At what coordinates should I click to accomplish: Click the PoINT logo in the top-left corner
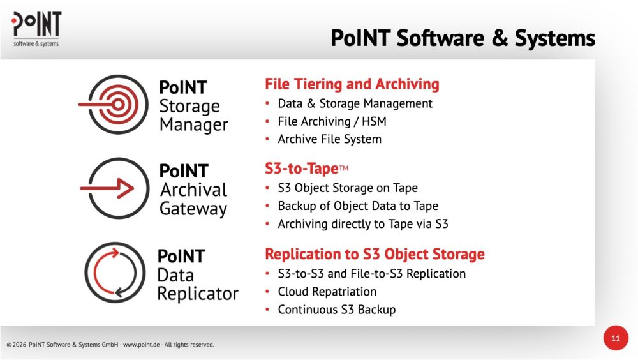click(x=36, y=29)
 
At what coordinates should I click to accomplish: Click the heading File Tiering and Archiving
click(x=352, y=84)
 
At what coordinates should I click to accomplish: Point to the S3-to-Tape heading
click(x=302, y=168)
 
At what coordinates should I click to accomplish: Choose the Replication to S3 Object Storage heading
click(x=375, y=253)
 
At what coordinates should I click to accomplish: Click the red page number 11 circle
click(x=616, y=338)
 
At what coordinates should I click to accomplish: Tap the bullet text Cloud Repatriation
click(x=327, y=292)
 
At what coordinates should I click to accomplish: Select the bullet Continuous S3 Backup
click(x=336, y=310)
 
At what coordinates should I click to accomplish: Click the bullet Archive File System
click(x=330, y=139)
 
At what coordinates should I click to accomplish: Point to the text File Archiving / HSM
click(x=332, y=121)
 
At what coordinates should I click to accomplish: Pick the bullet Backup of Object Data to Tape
click(x=358, y=206)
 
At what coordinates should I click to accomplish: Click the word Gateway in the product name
click(x=193, y=209)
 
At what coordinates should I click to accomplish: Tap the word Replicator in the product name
click(x=198, y=294)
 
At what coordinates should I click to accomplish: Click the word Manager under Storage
click(x=194, y=125)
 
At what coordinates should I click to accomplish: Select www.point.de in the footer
click(x=141, y=345)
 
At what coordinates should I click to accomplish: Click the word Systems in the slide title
click(x=554, y=38)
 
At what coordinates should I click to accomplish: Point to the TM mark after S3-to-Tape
click(x=343, y=167)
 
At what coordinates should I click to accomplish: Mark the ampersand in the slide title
click(x=500, y=38)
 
